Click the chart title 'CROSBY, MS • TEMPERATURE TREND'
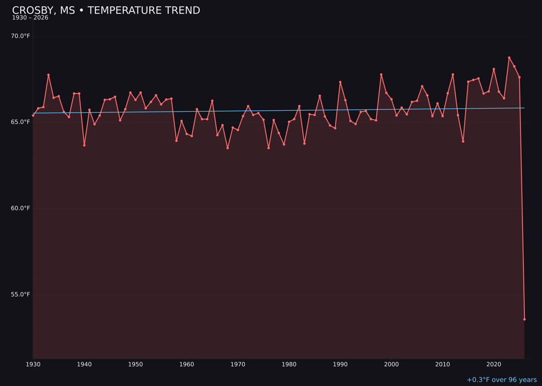click(106, 11)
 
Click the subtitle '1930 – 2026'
click(30, 18)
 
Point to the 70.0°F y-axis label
click(21, 36)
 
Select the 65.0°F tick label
click(21, 122)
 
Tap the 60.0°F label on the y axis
click(21, 208)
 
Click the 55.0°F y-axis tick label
click(21, 295)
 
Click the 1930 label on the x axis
click(33, 364)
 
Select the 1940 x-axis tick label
click(84, 364)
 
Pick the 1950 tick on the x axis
click(135, 364)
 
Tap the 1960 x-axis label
click(187, 364)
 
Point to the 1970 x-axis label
click(238, 364)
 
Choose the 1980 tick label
click(289, 364)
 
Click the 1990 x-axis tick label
click(340, 364)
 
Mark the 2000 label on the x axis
click(391, 364)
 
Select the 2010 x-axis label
click(443, 364)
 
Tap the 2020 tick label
click(494, 364)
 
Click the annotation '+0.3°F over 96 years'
click(501, 380)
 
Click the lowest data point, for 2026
click(524, 319)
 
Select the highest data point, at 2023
click(509, 58)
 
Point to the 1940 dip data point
click(84, 145)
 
